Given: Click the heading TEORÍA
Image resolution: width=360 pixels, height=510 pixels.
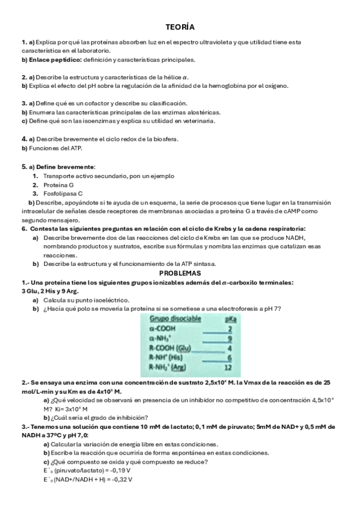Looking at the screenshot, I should pyautogui.click(x=180, y=27).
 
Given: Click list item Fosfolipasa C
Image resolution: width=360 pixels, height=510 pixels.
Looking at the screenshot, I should pyautogui.click(x=63, y=194).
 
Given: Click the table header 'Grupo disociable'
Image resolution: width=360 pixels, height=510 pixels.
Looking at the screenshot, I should pyautogui.click(x=175, y=319).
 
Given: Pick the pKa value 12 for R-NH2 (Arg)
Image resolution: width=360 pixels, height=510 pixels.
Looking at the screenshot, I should pyautogui.click(x=228, y=367).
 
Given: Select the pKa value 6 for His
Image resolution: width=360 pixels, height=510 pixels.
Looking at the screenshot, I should pyautogui.click(x=230, y=357).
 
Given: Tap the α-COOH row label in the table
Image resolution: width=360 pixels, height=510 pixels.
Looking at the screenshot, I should pyautogui.click(x=162, y=329).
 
